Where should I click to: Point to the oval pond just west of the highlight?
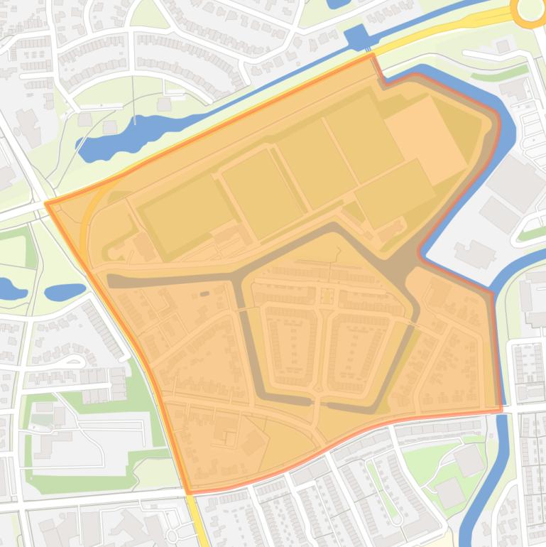click(x=65, y=291)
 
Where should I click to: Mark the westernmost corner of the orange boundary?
click(x=47, y=204)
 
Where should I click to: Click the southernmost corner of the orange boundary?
click(x=189, y=492)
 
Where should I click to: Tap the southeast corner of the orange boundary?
click(x=501, y=409)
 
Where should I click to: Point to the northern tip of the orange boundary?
click(x=371, y=55)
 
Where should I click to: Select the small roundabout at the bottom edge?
click(x=172, y=535)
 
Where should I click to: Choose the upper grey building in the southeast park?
click(x=469, y=460)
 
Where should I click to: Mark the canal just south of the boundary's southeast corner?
click(x=503, y=433)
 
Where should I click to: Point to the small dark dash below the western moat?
click(x=204, y=293)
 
